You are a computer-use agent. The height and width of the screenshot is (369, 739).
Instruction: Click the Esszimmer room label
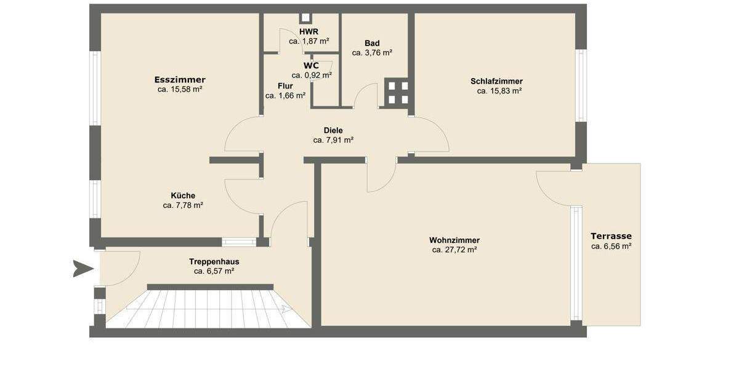coord(180,79)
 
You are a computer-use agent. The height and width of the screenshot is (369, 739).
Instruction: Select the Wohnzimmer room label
coord(454,240)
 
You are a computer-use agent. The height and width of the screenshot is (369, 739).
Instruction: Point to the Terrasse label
coord(611,236)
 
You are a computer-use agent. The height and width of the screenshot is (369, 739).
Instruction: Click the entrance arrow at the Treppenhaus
coord(83,269)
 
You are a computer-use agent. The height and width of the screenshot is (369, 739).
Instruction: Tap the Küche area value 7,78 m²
coord(183,205)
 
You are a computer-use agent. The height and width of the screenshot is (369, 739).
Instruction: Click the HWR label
coord(309,31)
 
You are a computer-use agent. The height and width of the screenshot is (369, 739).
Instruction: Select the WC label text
coord(311,65)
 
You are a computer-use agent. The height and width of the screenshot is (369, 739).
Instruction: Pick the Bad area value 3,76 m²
coord(372,53)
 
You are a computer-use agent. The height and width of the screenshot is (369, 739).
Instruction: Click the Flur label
coord(285,86)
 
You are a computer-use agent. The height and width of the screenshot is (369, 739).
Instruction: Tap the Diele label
coord(333,130)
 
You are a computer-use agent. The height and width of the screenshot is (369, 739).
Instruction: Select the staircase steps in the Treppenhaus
coord(209,307)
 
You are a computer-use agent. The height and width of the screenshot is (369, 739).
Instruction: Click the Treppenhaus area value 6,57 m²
coord(214,271)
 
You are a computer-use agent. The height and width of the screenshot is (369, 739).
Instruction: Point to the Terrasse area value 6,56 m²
coord(611,246)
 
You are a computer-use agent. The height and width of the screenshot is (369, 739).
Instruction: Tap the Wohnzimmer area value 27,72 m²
coord(454,250)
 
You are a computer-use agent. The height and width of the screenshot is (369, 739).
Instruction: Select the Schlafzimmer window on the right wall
coord(580,85)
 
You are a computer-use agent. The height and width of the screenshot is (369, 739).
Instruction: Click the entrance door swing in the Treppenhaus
coord(120,269)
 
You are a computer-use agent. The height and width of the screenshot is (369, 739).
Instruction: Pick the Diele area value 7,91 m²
coord(333,140)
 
